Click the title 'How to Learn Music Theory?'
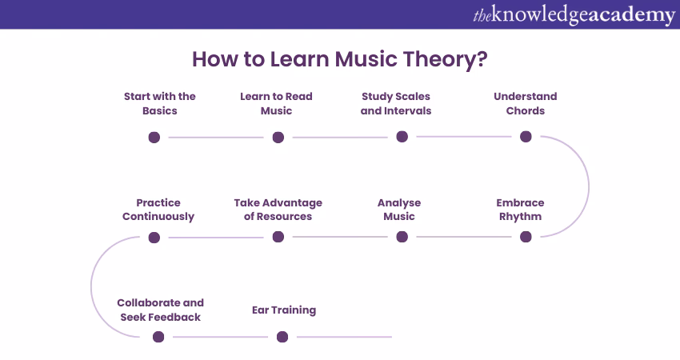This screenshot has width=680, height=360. pos(339,60)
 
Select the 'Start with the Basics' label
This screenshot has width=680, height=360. pos(160,103)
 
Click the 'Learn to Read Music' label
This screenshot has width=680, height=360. pos(276,103)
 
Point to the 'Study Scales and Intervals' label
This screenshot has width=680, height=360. pos(396,103)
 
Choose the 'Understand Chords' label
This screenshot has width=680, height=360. pos(525,103)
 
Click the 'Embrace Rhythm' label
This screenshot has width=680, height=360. pos(520,210)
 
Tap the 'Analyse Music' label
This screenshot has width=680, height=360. pos(399,210)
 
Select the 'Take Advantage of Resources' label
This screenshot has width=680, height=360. pos(278,210)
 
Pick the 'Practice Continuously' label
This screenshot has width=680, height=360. pos(158,210)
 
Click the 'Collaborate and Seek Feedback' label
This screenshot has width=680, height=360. pos(160,310)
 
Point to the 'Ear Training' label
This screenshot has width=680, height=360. pos(284,310)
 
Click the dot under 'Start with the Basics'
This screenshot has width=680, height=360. pos(154,137)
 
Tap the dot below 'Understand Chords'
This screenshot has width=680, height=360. pos(526,137)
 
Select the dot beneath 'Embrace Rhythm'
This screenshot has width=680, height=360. pos(526,237)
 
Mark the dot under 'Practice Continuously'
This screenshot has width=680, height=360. pos(154,237)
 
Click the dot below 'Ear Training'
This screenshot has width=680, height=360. pos(282,337)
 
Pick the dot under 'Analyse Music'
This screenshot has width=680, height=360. pos(402,237)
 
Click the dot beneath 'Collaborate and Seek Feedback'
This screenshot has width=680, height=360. pos(158,337)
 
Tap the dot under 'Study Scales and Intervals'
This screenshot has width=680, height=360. pos(402,137)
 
